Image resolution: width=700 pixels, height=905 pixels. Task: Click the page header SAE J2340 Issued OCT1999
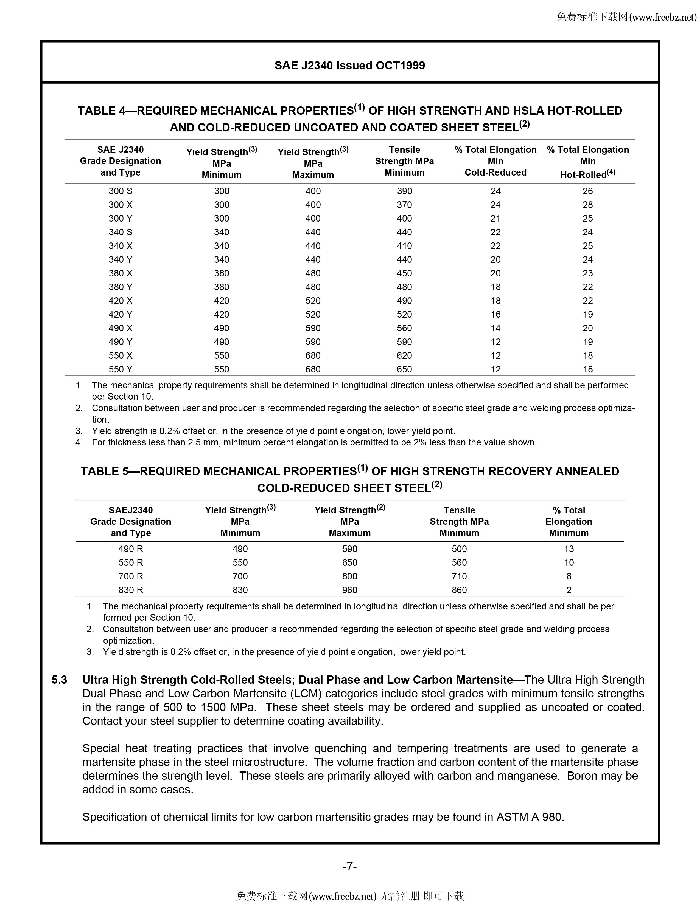(x=349, y=66)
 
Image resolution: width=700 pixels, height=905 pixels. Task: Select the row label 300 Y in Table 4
(x=120, y=218)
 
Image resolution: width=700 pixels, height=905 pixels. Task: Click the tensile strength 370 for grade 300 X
(x=404, y=205)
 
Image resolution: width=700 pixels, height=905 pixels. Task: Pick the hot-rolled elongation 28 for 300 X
(x=588, y=205)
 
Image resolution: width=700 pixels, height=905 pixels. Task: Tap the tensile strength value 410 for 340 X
(x=404, y=246)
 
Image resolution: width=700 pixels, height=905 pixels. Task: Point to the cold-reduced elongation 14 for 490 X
(x=495, y=328)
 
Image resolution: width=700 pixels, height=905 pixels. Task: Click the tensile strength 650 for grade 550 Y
(x=404, y=369)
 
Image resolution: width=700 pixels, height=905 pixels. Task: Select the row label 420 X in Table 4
(x=120, y=301)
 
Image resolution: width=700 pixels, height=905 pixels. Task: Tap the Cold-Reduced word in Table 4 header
(x=495, y=172)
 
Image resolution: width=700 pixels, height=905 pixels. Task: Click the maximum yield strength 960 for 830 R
(x=349, y=590)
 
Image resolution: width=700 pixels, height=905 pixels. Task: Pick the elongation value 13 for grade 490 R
(x=569, y=549)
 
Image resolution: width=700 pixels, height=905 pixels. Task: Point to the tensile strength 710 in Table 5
(x=459, y=576)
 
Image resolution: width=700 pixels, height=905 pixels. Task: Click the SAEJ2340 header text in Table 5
(x=131, y=510)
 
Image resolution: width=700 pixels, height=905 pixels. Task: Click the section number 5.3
(x=59, y=680)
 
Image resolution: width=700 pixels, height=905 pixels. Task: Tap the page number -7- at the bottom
(x=349, y=866)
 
